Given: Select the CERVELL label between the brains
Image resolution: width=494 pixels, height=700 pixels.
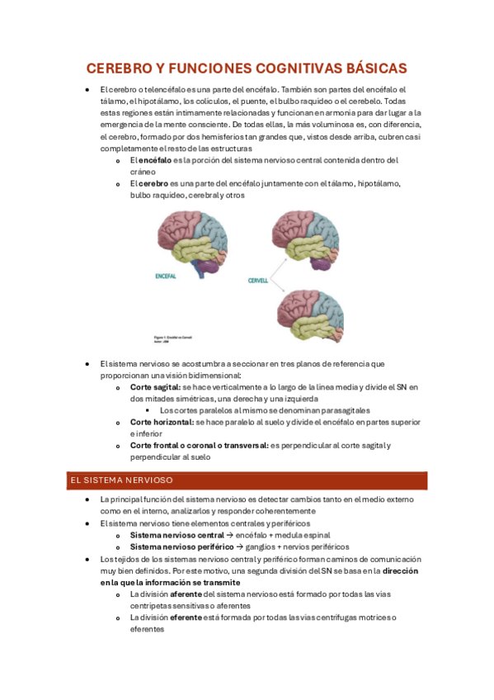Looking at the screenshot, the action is pyautogui.click(x=258, y=281).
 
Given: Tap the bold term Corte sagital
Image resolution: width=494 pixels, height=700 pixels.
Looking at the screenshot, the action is pyautogui.click(x=155, y=387).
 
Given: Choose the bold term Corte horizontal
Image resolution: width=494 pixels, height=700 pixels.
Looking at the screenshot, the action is pyautogui.click(x=162, y=422).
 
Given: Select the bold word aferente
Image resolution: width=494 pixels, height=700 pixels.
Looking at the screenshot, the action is pyautogui.click(x=186, y=594).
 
